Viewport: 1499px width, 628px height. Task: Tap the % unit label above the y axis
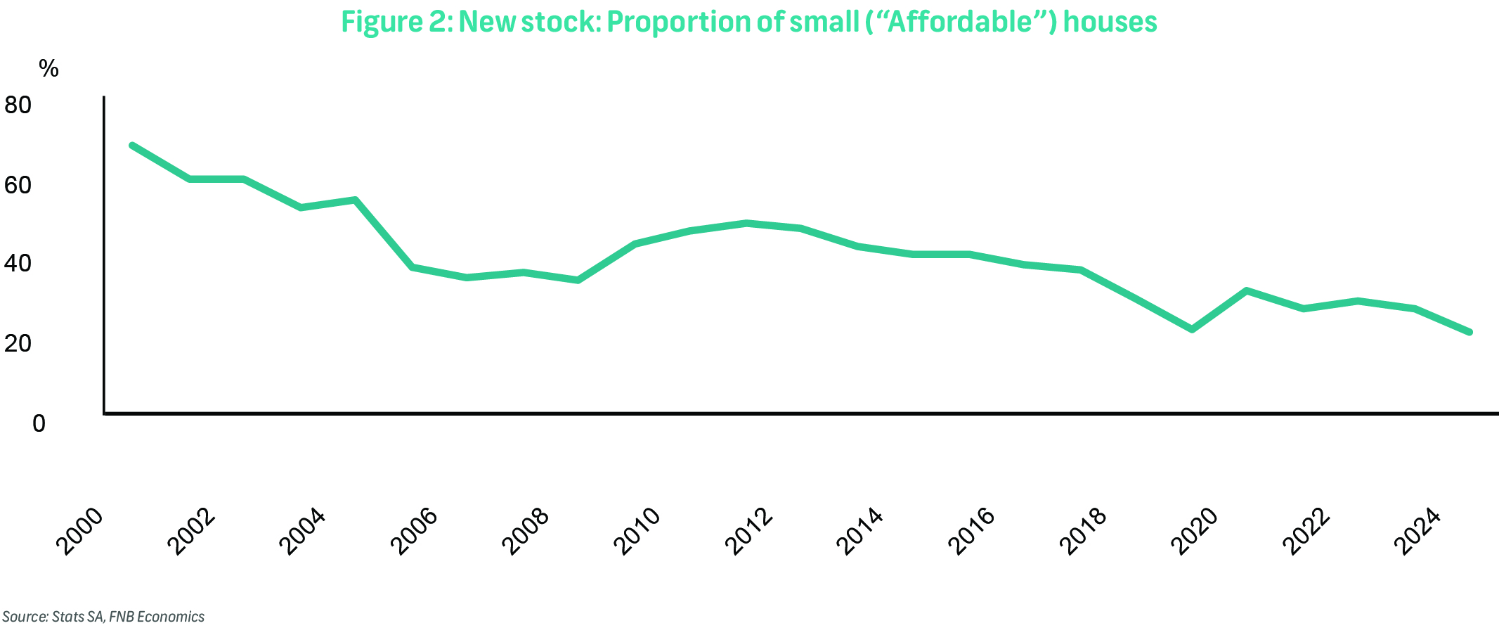[48, 69]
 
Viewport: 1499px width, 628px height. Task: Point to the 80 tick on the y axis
[18, 105]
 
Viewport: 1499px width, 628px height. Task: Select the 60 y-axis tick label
[18, 185]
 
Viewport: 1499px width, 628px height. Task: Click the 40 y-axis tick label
[18, 264]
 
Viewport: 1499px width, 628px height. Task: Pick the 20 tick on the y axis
[18, 343]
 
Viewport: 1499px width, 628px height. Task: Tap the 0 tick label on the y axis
[38, 423]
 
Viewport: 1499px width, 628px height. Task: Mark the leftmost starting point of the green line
[132, 145]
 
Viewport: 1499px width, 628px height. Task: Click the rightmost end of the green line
[1469, 332]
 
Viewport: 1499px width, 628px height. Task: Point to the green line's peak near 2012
[746, 223]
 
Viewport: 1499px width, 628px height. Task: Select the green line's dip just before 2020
[1192, 329]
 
